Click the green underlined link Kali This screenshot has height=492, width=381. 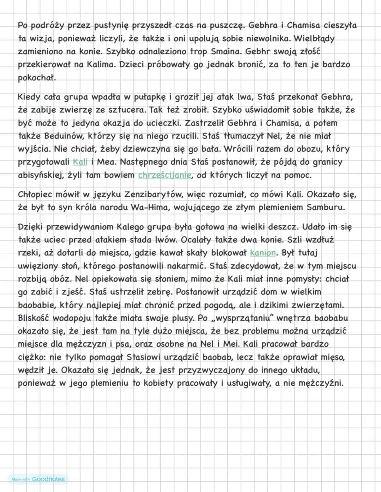(x=80, y=162)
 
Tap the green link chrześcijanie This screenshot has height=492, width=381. (x=164, y=175)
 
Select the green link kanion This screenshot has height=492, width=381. (x=263, y=253)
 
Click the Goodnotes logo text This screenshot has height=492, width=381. (x=48, y=479)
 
